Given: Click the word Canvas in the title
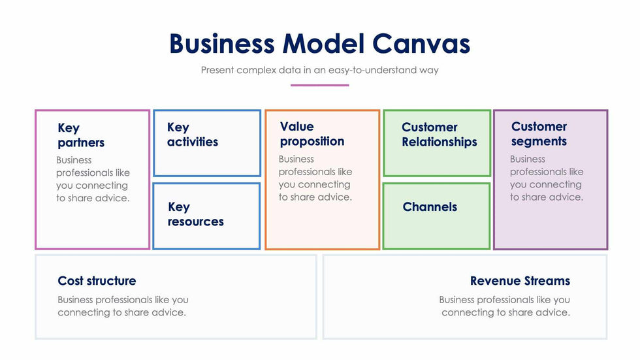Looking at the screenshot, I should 421,44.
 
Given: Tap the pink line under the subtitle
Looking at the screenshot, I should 319,85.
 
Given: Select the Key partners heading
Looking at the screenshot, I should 80,135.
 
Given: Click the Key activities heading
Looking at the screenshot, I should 193,135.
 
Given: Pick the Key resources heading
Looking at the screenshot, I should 195,214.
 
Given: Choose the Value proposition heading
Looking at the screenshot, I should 312,134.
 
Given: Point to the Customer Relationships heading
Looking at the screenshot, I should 439,135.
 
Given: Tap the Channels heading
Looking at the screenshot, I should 430,207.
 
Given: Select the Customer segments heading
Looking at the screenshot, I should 539,134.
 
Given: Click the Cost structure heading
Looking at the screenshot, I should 97,281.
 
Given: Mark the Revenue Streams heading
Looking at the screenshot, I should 520,281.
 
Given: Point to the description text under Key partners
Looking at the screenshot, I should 93,179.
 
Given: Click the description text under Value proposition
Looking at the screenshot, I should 315,178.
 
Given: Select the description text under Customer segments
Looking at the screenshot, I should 547,178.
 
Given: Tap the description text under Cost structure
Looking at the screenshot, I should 123,306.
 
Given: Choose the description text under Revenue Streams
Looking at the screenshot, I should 505,306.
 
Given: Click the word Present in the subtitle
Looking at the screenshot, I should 220,70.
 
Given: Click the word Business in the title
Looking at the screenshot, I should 222,44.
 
